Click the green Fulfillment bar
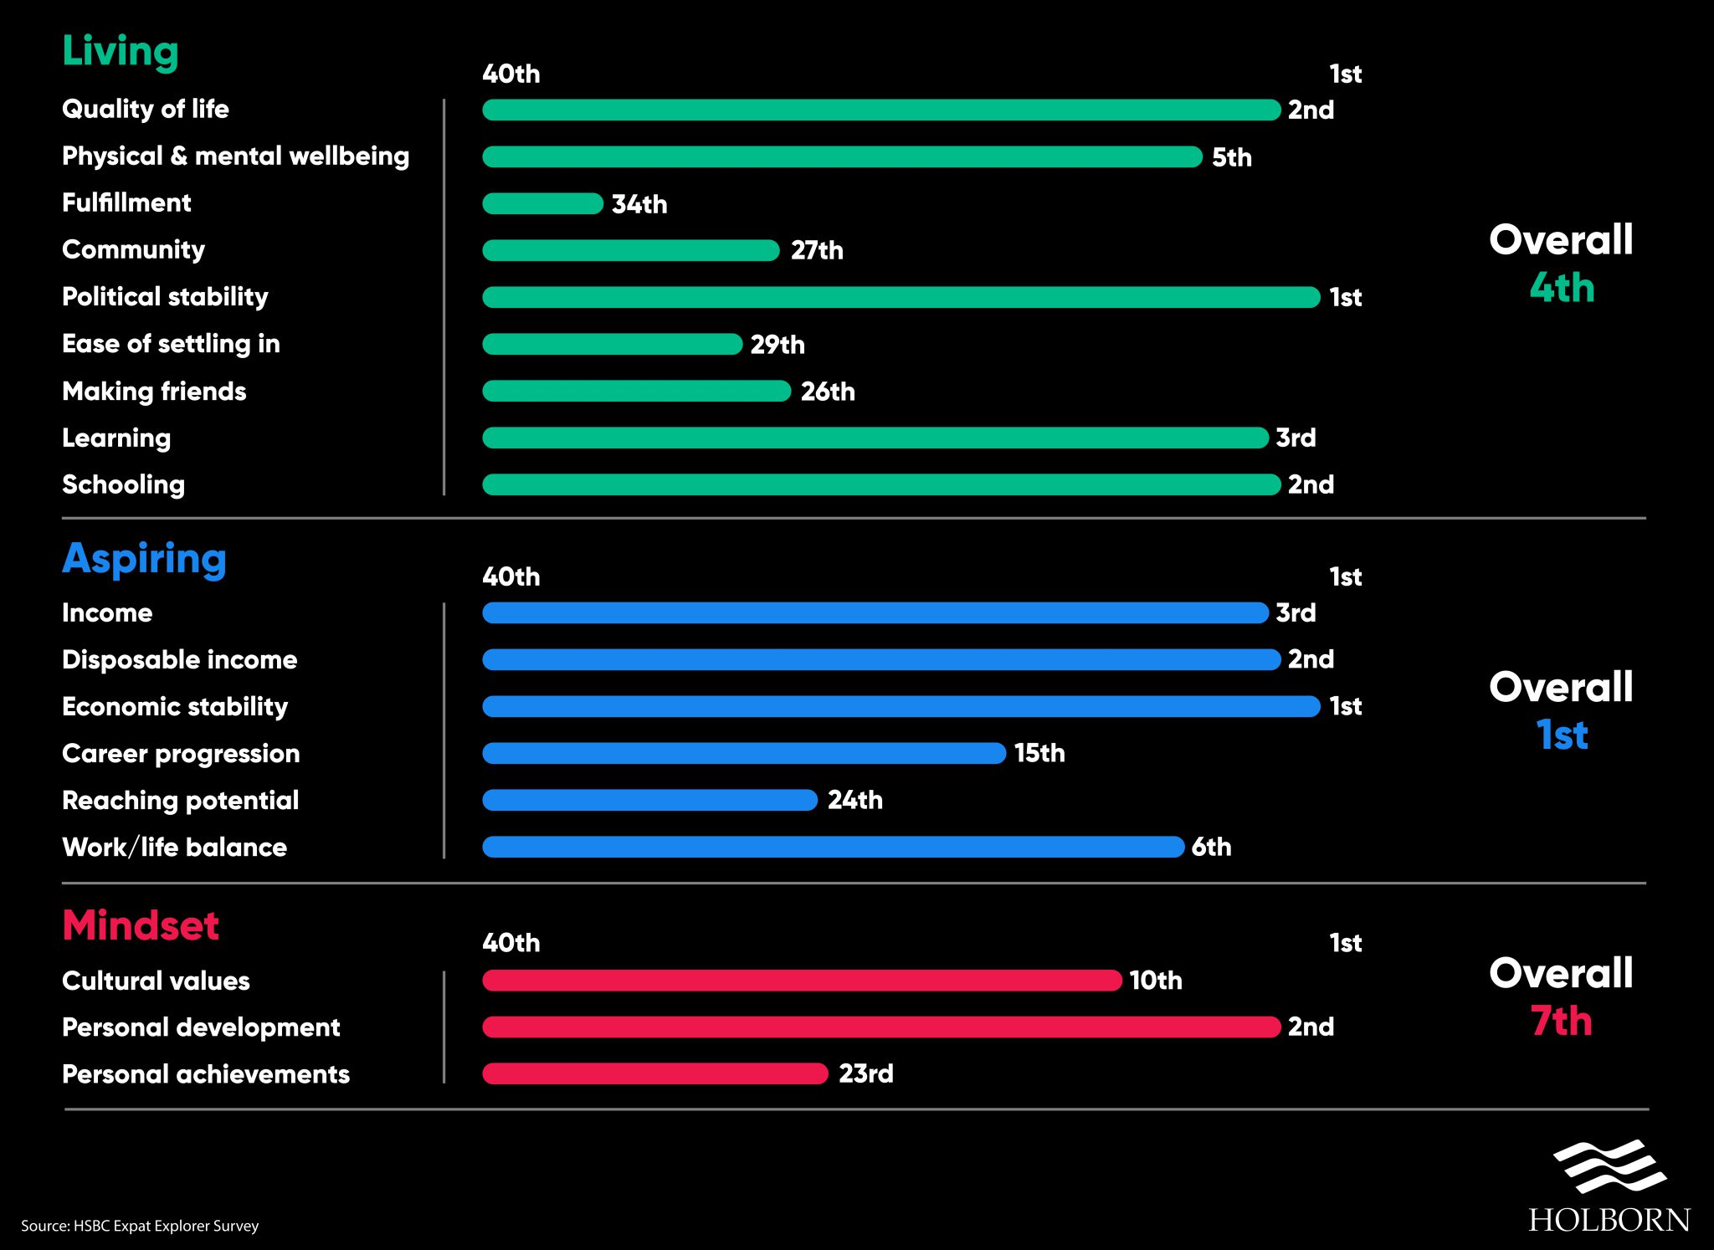point(542,203)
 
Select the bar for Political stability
point(901,297)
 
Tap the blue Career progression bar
point(744,753)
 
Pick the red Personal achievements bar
point(655,1073)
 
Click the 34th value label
point(639,204)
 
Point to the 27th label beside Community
point(817,250)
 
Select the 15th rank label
point(1039,753)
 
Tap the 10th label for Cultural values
point(1156,980)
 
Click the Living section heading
point(121,51)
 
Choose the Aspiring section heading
point(144,559)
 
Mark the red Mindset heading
point(141,925)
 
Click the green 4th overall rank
point(1562,288)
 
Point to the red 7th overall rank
point(1562,1021)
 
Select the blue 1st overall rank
point(1562,735)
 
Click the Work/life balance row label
point(174,847)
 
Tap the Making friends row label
point(154,391)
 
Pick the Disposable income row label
point(179,659)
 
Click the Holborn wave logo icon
point(1609,1166)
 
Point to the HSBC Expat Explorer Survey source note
point(140,1226)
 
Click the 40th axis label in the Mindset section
point(511,943)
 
